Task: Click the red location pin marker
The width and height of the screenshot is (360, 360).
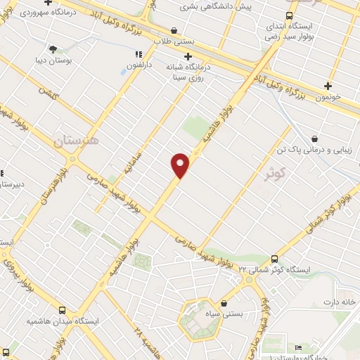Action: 181,165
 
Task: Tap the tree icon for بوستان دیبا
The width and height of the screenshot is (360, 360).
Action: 53,49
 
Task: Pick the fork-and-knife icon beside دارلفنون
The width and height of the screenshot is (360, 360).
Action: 138,54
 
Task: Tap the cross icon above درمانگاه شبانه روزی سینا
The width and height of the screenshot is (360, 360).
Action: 187,56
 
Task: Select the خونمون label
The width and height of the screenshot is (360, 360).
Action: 328,96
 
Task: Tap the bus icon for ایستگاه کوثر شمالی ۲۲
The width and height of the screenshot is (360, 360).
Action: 274,259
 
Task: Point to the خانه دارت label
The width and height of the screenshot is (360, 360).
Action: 340,302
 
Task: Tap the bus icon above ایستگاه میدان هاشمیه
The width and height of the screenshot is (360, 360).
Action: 63,309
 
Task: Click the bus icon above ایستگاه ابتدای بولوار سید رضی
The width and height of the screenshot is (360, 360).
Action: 289,15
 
